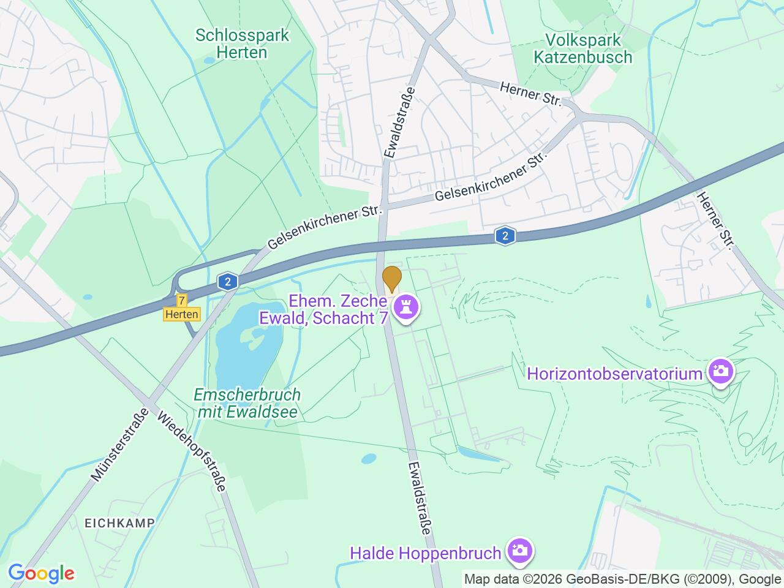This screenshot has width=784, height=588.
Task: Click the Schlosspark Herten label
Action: click(x=242, y=43)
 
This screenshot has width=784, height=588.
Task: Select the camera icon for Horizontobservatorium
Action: click(x=721, y=371)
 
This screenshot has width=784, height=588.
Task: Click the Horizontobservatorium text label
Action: click(x=614, y=373)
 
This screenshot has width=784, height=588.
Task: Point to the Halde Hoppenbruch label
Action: click(x=426, y=553)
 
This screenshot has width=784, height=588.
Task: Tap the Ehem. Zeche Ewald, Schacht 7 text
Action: click(x=338, y=309)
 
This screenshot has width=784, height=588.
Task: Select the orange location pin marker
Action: click(x=392, y=279)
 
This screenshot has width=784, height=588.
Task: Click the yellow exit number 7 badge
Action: click(x=182, y=300)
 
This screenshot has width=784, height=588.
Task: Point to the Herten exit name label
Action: click(x=182, y=314)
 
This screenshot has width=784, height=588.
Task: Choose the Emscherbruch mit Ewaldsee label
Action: click(x=247, y=403)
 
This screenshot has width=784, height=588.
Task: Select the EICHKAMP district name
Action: click(x=119, y=522)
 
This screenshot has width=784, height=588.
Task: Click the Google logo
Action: click(x=41, y=574)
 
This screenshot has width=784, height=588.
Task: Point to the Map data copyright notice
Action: click(x=622, y=579)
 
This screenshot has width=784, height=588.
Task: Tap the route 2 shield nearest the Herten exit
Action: click(x=227, y=282)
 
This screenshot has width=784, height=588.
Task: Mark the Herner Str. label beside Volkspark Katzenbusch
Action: click(x=530, y=95)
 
